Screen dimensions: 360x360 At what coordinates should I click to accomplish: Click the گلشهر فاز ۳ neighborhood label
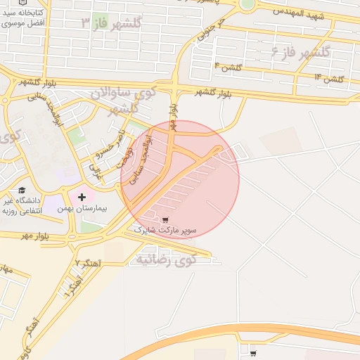coord(111,23)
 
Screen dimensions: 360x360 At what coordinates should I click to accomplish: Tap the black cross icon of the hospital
coord(82,197)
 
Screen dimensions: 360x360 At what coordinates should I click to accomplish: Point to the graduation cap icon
coord(22,191)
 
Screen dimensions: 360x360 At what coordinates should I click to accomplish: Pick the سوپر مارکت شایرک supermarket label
coord(172,230)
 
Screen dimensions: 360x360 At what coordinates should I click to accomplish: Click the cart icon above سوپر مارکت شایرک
coord(165,219)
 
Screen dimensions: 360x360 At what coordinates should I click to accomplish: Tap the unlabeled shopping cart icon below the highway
coord(253,353)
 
